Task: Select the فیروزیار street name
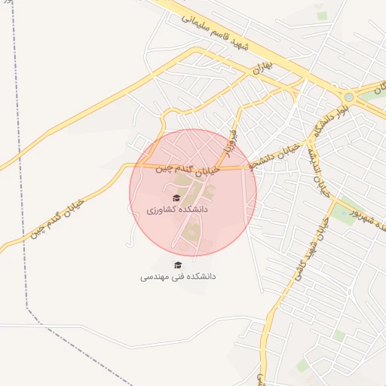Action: pyautogui.click(x=228, y=143)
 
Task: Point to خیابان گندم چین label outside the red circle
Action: pyautogui.click(x=57, y=219)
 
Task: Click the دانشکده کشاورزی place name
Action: pyautogui.click(x=176, y=209)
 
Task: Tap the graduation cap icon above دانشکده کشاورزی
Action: pyautogui.click(x=176, y=198)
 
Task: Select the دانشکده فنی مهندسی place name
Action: pyautogui.click(x=178, y=277)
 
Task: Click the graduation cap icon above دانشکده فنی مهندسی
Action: pyautogui.click(x=178, y=265)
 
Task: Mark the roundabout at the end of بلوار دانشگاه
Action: pyautogui.click(x=348, y=96)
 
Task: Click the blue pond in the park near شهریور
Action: pyautogui.click(x=344, y=213)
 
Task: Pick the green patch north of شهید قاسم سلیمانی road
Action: pyautogui.click(x=322, y=15)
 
